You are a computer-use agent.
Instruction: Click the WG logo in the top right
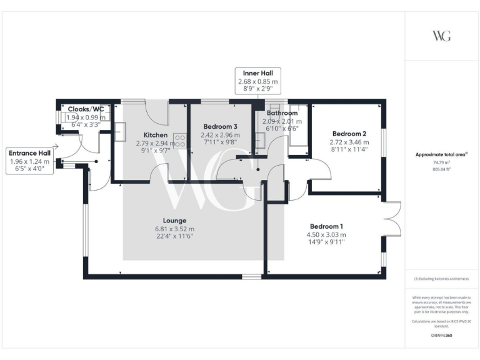pos(441,36)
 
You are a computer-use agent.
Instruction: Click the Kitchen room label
pos(155,134)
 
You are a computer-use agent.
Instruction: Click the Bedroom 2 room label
pos(349,134)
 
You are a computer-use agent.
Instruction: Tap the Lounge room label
pos(174,220)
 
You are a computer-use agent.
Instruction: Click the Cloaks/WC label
pos(86,109)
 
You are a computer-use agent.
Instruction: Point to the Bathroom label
pos(280,113)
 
